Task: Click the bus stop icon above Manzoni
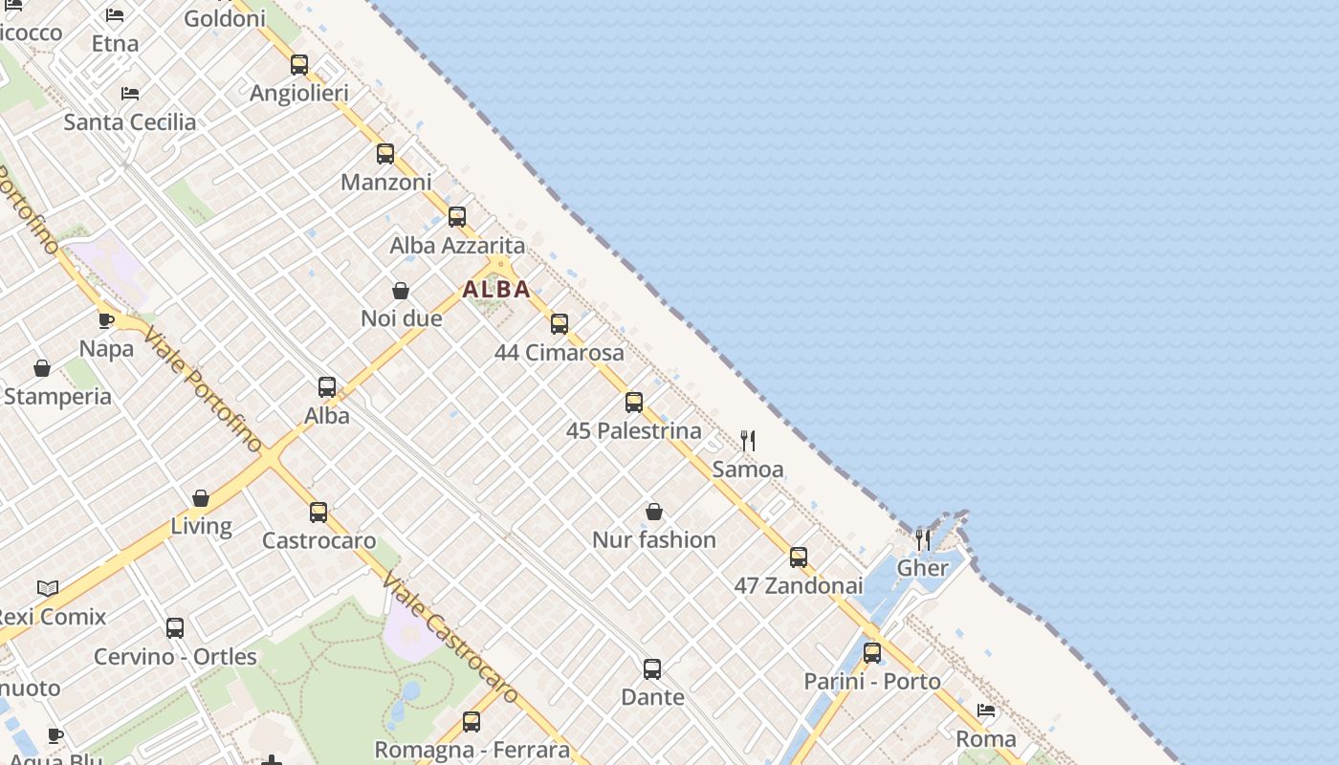tap(385, 154)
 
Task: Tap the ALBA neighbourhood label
tap(496, 290)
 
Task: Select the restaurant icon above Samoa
tap(748, 441)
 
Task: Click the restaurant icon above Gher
tap(923, 540)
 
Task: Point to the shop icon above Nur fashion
tap(654, 513)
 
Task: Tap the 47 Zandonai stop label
tap(799, 585)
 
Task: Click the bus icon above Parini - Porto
tap(872, 653)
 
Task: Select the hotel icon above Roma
tap(986, 710)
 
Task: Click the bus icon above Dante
tap(652, 669)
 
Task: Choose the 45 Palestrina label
tap(634, 431)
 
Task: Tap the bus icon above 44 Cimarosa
tap(560, 324)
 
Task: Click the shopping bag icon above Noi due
tap(401, 291)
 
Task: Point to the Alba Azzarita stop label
tap(457, 246)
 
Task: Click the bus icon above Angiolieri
tap(299, 65)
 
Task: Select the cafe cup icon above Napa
tap(106, 320)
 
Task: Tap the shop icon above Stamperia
tap(42, 368)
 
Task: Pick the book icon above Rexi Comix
tap(48, 588)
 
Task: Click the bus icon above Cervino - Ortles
tap(175, 628)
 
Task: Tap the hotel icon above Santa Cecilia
tap(130, 94)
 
